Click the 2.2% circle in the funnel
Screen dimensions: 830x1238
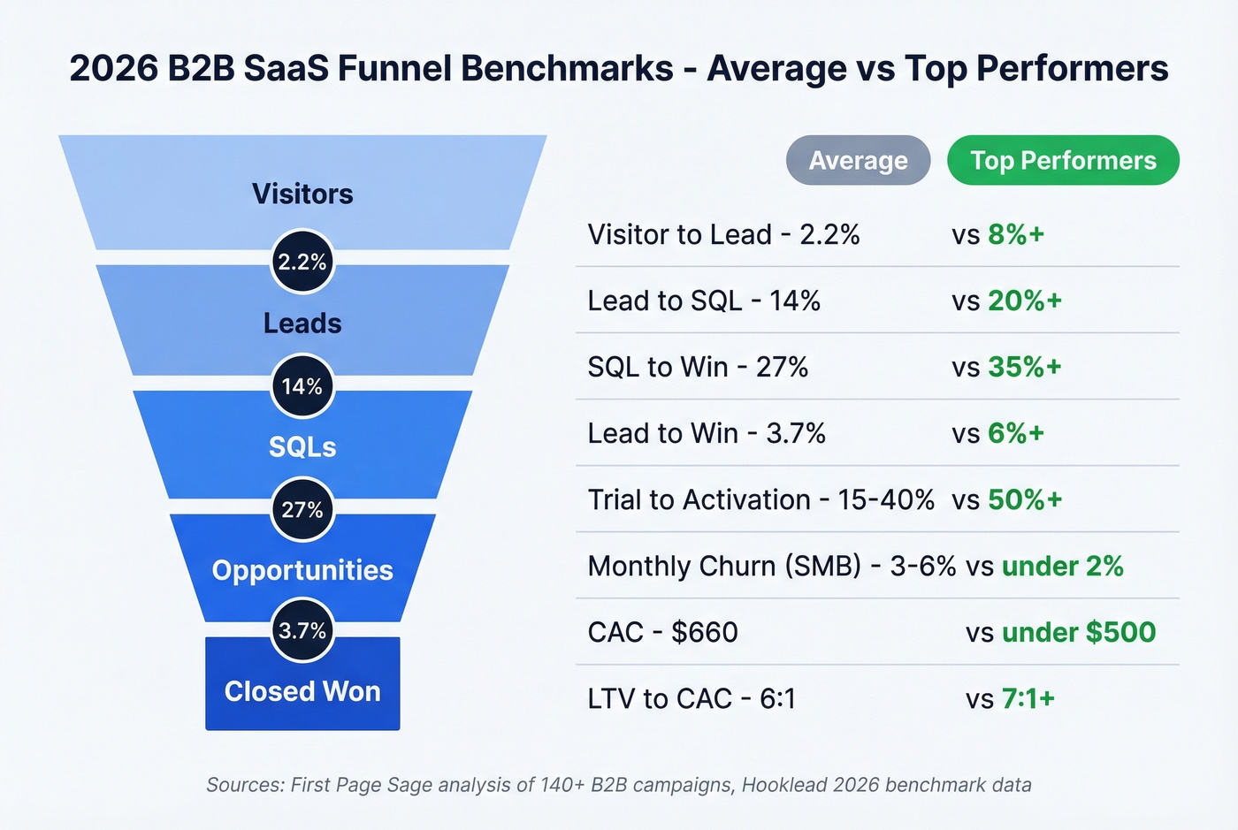tap(302, 262)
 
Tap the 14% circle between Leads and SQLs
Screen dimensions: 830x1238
tap(302, 386)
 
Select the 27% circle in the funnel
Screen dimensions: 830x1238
tap(302, 510)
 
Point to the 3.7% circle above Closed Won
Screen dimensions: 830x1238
tap(302, 630)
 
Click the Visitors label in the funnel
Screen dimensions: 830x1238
tap(302, 194)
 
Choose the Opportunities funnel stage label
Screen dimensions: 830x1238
tap(302, 570)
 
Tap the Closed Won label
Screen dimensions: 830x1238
tap(302, 691)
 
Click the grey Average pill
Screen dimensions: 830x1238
tap(858, 161)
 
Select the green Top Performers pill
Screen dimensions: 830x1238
tap(1063, 161)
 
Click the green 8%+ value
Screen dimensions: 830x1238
tap(1016, 234)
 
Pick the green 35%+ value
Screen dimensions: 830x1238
tap(1024, 367)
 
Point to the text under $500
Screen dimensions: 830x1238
tap(1078, 632)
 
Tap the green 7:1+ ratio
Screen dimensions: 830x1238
tap(1028, 698)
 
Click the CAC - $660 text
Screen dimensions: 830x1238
tap(662, 632)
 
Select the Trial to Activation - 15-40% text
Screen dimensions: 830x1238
tap(760, 499)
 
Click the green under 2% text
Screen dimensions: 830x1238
tap(1062, 566)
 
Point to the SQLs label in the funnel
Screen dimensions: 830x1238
tap(302, 447)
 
